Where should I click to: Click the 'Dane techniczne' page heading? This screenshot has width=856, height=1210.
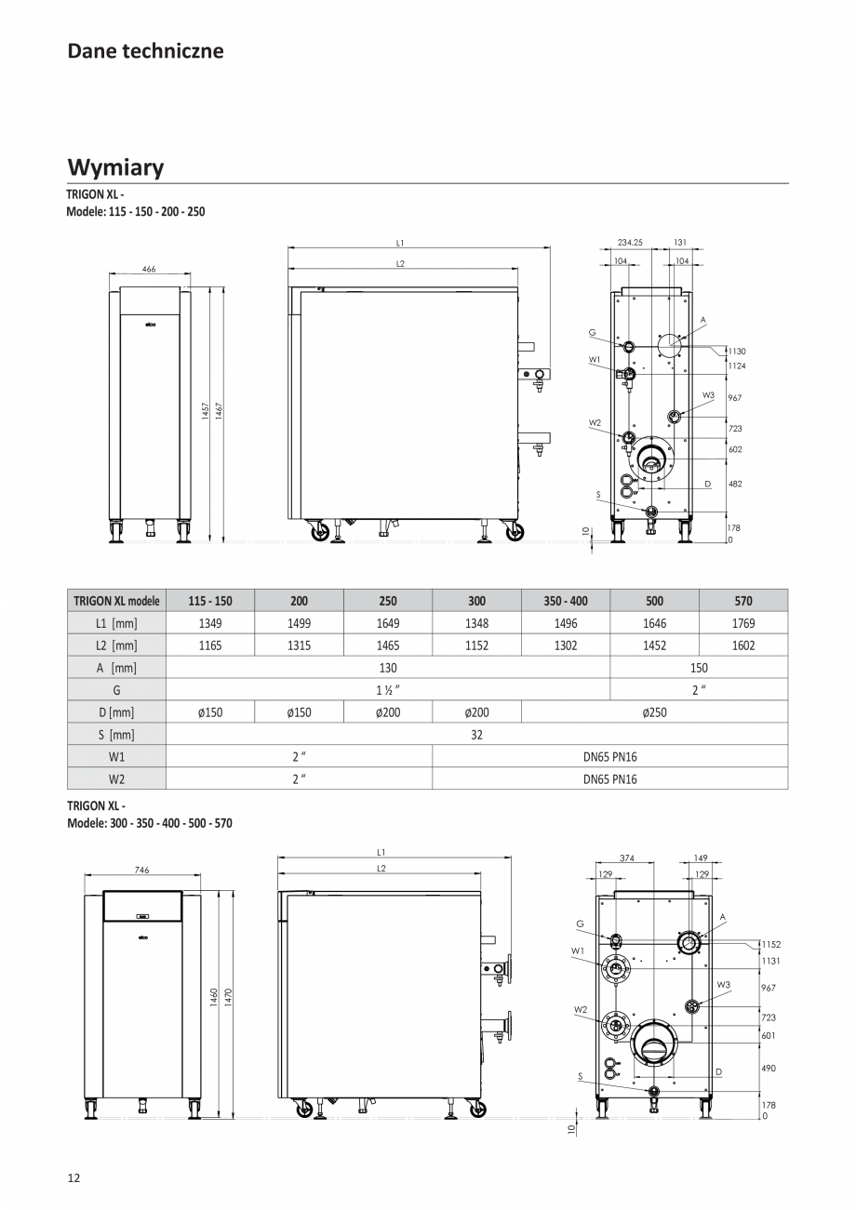[145, 51]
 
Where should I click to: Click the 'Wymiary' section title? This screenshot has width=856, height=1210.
[115, 167]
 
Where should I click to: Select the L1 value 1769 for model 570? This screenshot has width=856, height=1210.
[742, 623]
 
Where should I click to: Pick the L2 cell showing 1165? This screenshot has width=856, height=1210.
[210, 645]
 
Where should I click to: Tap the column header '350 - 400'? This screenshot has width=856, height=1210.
[566, 601]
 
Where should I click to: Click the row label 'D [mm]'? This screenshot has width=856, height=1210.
[116, 712]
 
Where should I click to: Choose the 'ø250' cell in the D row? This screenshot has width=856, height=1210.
[654, 712]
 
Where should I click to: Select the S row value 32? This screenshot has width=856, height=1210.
[476, 735]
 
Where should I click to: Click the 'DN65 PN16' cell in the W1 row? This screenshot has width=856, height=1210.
[609, 757]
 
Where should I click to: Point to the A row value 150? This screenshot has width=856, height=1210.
[699, 668]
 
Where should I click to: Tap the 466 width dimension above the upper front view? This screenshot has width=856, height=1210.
[149, 269]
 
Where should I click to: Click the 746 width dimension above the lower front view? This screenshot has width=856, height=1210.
[142, 870]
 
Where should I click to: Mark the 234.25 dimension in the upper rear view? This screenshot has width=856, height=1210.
[630, 242]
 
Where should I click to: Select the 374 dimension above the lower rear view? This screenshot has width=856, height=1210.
[626, 858]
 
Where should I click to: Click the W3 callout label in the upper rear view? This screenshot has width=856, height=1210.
[708, 395]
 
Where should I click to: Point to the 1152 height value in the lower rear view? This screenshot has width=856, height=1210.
[770, 944]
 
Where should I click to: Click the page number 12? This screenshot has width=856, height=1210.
[74, 1177]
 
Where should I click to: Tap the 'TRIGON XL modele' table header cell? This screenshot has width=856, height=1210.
[116, 601]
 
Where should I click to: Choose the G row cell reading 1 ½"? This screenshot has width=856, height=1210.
[388, 690]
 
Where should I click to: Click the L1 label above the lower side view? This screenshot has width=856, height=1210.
[381, 851]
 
